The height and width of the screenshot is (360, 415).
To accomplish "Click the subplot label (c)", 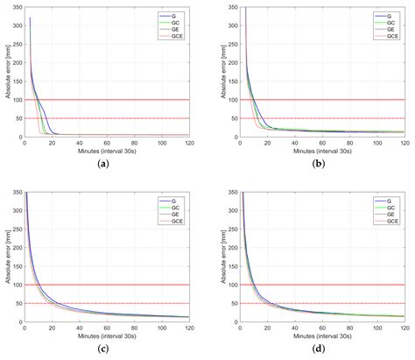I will click(104, 349).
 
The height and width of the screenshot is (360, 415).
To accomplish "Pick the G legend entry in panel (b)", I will click(388, 16).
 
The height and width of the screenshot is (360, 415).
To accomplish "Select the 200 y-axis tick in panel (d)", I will click(230, 247).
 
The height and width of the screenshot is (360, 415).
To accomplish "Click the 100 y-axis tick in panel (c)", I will click(16, 285).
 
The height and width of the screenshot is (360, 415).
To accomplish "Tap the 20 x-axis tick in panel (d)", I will click(267, 328).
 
